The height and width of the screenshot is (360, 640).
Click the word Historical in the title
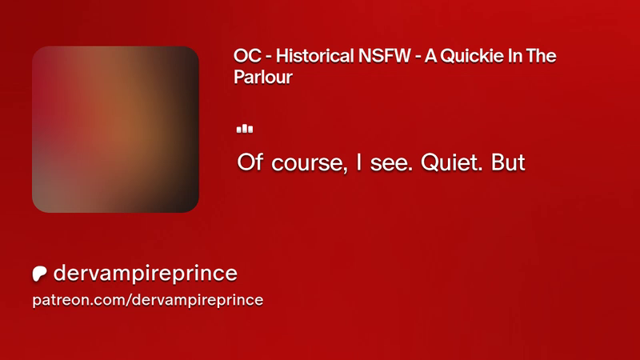(314, 56)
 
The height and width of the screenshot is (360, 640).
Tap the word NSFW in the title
(385, 56)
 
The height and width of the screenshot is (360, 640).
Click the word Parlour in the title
(263, 77)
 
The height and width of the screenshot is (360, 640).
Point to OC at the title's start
(247, 56)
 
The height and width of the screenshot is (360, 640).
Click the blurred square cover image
(115, 130)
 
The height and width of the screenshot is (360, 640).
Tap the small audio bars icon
(245, 129)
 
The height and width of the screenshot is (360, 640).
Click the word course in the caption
(310, 163)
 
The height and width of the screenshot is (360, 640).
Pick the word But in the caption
(508, 162)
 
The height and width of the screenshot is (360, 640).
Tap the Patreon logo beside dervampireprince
(39, 274)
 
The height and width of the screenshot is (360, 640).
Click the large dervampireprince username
(145, 273)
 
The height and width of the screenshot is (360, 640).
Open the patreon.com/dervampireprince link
(148, 300)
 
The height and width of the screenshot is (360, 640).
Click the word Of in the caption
(250, 162)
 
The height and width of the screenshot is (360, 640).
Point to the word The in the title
(541, 56)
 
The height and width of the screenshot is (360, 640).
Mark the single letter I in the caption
(358, 162)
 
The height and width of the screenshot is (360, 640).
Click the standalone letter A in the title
(430, 56)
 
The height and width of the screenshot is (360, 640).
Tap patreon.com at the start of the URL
(78, 300)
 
